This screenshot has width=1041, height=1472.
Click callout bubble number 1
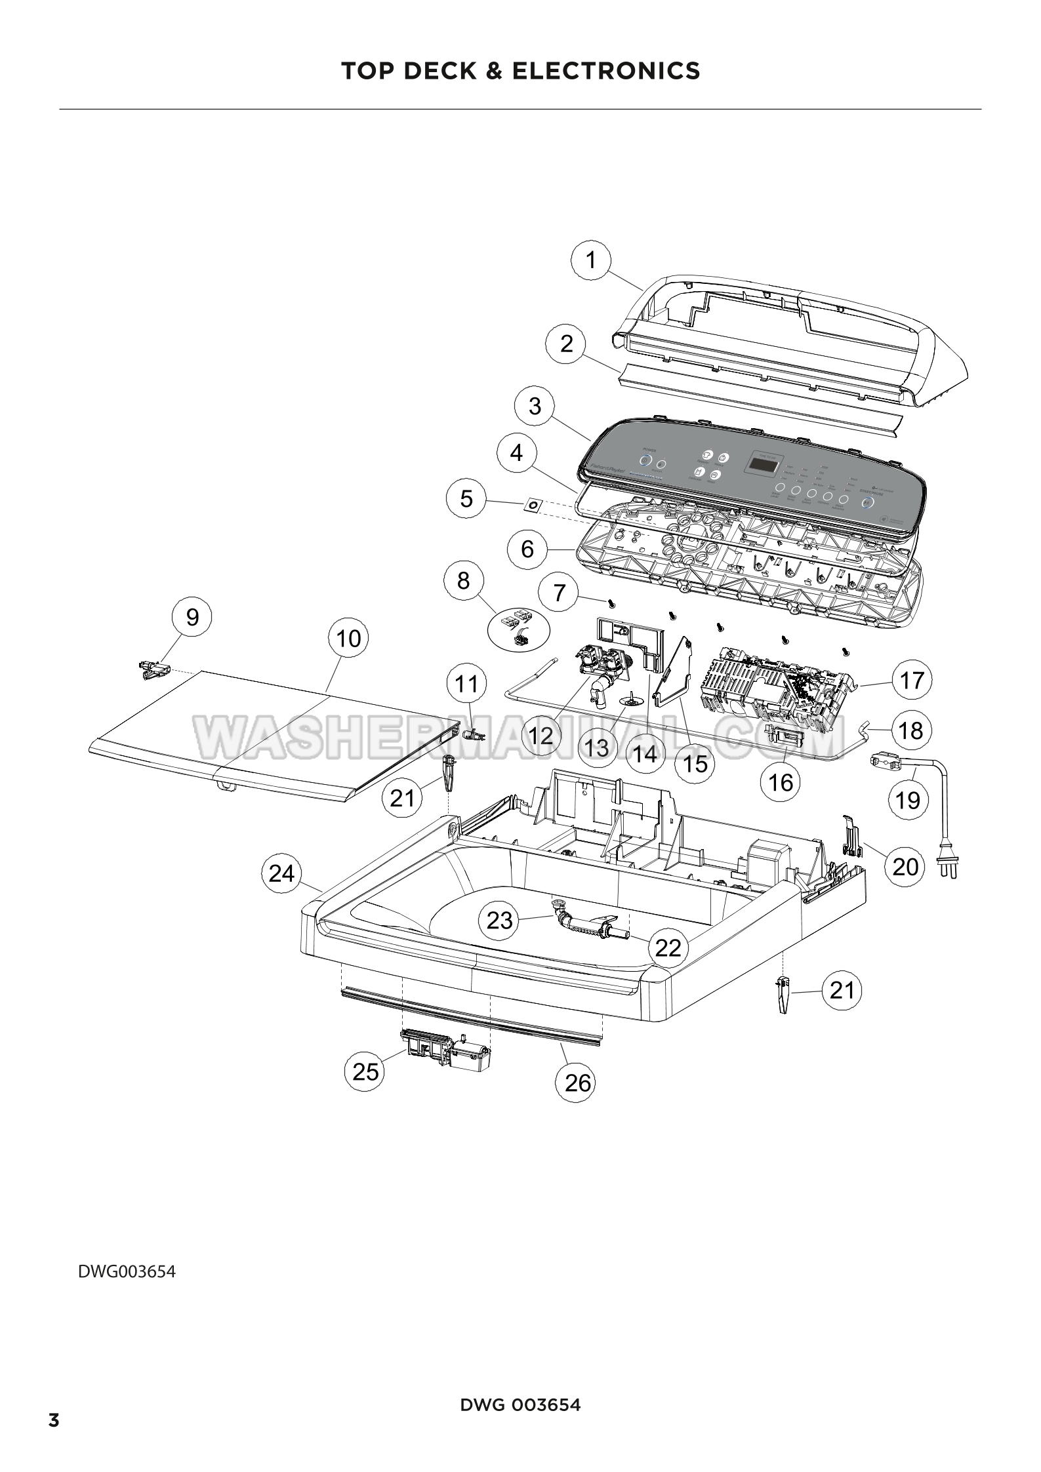pyautogui.click(x=591, y=261)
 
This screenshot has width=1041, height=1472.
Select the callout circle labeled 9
pyautogui.click(x=192, y=617)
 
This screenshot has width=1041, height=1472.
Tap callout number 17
pyautogui.click(x=912, y=681)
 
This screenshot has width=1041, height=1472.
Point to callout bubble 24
pyautogui.click(x=281, y=873)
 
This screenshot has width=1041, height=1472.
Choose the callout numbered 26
pyautogui.click(x=578, y=1083)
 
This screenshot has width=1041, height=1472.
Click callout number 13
pyautogui.click(x=597, y=747)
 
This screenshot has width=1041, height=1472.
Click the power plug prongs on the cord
pyautogui.click(x=950, y=869)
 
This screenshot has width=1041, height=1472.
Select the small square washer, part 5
pyautogui.click(x=533, y=505)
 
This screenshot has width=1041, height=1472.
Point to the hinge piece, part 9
pyautogui.click(x=155, y=669)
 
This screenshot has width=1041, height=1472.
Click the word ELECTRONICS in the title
pyautogui.click(x=606, y=70)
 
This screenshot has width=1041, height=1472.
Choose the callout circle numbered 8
pyautogui.click(x=464, y=580)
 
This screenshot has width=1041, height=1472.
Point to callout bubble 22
pyautogui.click(x=669, y=947)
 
